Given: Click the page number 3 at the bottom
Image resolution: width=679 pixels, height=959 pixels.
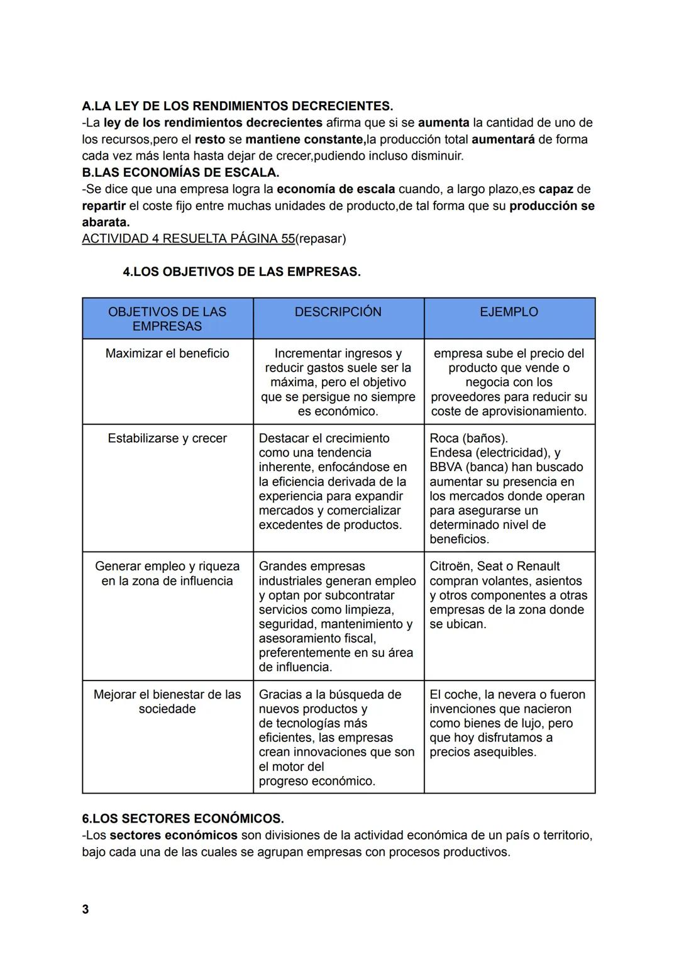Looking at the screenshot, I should pos(86,909).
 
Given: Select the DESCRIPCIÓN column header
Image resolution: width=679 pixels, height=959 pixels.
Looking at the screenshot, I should pos(338,312).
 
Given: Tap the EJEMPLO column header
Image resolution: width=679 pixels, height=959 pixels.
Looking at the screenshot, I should pos(509,312).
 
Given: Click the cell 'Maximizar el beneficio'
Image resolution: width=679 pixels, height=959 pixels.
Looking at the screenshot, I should pos(167,353).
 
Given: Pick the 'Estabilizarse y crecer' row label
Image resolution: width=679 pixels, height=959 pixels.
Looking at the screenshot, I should pos(167,438).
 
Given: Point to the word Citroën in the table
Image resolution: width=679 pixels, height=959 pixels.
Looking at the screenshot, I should pos(450,566).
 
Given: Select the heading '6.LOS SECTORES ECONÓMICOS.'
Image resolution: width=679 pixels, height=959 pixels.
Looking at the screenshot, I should pos(183,819).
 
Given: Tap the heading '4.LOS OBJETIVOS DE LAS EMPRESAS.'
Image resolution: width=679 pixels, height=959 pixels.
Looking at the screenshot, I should pos(242,272).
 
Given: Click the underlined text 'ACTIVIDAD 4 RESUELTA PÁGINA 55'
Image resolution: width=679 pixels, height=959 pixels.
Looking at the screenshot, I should pos(188,239).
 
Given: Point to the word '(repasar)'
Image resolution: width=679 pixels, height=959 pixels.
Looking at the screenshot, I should pos(321,239).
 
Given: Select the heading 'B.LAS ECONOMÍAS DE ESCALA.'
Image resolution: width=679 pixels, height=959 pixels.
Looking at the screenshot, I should pos(180,172).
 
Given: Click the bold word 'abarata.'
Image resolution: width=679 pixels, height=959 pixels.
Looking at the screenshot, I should pos(106,222).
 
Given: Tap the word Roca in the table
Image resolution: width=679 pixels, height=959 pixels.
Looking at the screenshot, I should pos(444,438).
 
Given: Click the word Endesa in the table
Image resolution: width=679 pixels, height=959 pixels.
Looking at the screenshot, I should pos(450,453).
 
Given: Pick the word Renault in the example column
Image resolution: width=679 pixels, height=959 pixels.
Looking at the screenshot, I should pos(538,566).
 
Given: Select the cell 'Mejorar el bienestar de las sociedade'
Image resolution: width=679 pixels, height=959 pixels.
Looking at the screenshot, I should pos(167,702).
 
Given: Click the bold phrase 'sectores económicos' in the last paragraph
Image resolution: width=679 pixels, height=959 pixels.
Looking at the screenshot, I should pos(174,835).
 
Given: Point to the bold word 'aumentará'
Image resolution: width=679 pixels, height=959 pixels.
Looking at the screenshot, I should pos(503,139).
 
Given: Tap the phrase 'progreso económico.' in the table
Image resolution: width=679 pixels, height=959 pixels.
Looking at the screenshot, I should pos(317,781).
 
